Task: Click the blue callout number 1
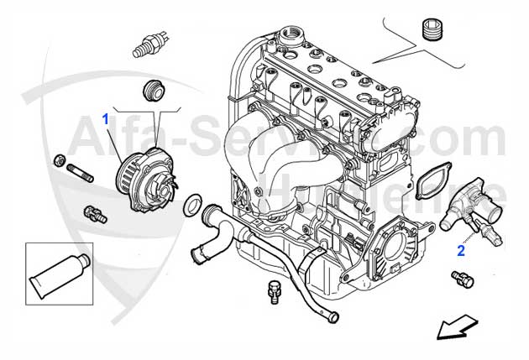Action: coord(106,119)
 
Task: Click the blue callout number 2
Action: coord(460,249)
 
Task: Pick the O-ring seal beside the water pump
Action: coord(191,203)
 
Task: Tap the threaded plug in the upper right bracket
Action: coord(433,29)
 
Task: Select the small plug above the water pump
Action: coord(154,90)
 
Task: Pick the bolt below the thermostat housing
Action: coord(460,278)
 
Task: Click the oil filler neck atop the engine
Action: coord(294,36)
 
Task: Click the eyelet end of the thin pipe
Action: coord(334,317)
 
